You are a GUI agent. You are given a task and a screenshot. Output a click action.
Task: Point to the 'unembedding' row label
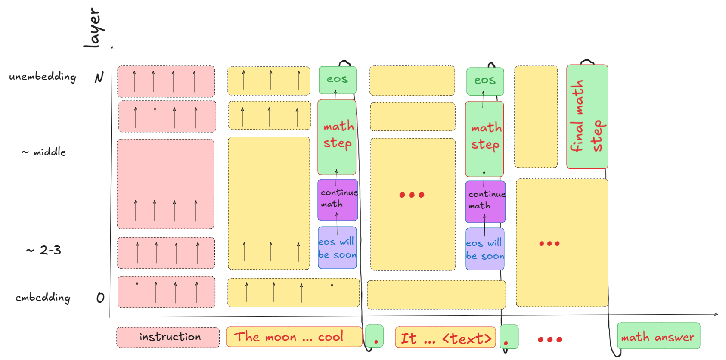[x=43, y=77]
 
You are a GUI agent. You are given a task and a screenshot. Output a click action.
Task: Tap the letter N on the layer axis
[x=99, y=78]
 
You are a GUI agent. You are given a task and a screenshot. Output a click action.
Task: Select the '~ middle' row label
[x=44, y=152]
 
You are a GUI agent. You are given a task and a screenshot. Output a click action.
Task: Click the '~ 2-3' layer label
[x=44, y=250]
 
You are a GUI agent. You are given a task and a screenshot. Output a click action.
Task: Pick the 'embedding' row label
[x=43, y=298]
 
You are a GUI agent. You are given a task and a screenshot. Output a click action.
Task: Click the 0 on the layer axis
[x=100, y=298]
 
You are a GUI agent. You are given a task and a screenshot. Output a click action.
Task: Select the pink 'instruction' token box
[x=168, y=337]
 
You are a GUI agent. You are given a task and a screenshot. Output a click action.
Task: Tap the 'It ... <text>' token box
[x=445, y=338]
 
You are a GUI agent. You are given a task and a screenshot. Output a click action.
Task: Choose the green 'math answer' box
[x=658, y=336]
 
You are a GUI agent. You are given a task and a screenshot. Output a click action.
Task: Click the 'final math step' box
[x=587, y=117]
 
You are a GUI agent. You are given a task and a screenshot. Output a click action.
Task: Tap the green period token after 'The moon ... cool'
[x=374, y=336]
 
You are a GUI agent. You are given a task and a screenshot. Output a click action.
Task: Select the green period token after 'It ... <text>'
[x=509, y=337]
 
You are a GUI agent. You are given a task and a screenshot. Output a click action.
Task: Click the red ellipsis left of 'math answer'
[x=550, y=339]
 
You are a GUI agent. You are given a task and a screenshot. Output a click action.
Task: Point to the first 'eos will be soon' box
[x=337, y=248]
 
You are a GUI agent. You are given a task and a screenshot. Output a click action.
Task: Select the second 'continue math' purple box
[x=485, y=202]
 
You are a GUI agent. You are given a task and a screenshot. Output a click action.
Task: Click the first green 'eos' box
[x=337, y=80]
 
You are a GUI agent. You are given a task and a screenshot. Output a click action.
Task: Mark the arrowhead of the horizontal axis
[x=717, y=314]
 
